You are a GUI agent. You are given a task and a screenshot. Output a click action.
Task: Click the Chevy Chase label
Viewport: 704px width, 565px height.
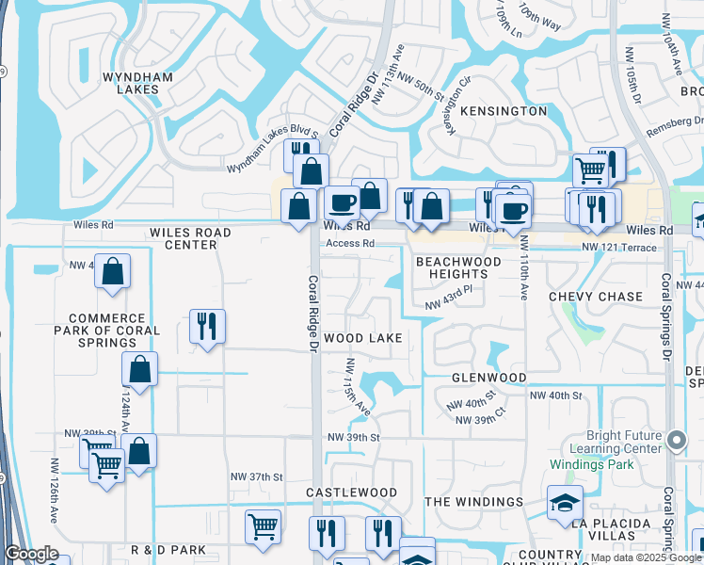point(596,297)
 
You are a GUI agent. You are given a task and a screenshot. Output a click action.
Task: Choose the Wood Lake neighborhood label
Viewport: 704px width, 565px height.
point(362,338)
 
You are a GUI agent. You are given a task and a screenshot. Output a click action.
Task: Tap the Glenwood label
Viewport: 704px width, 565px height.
point(488,378)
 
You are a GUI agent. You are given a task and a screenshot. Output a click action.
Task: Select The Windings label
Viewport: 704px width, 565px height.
point(473,502)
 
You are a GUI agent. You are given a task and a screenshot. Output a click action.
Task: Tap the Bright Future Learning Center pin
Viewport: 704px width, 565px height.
point(676,440)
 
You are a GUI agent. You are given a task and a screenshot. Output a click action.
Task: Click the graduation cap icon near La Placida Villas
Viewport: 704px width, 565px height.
point(564,503)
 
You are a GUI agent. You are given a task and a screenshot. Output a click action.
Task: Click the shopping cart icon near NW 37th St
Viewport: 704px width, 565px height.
point(263,525)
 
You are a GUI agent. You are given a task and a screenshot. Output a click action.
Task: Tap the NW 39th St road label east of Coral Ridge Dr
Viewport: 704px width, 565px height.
point(353,438)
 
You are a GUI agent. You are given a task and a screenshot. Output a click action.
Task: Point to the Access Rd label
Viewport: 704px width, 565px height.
point(350,243)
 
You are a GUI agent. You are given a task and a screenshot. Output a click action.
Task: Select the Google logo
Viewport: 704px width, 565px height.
point(32,554)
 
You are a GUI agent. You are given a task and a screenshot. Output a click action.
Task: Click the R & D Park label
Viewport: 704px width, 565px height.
point(168,550)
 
